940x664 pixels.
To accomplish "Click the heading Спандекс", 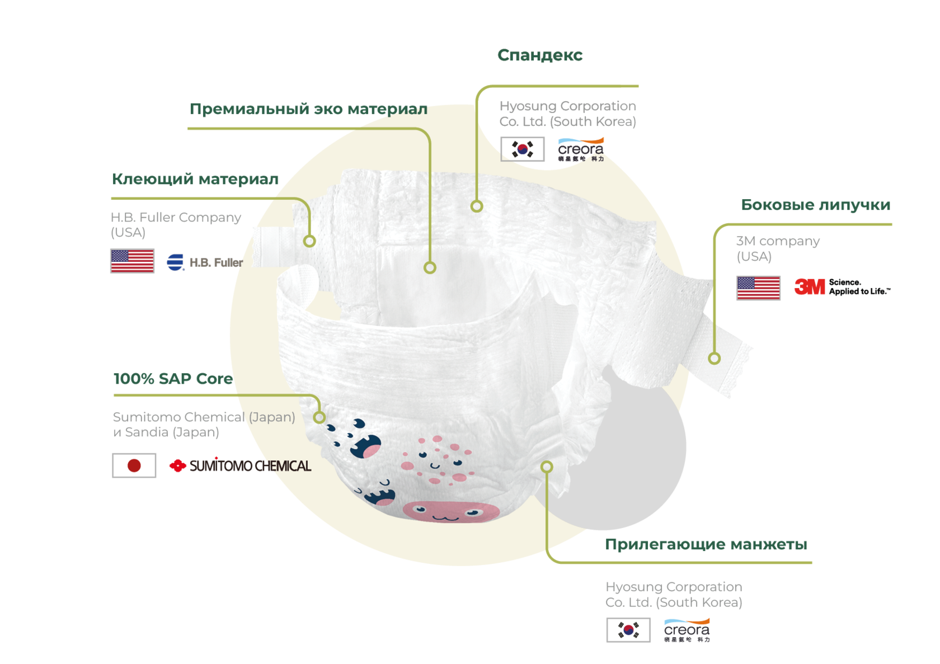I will pos(540,55).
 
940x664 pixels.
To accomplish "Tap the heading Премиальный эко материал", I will pos(308,109).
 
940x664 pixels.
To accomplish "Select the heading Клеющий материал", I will pos(195,179).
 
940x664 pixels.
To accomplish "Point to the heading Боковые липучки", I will pos(816,205).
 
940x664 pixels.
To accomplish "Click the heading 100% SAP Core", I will pos(173,379).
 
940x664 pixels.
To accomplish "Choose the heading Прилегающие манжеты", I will pos(706,544).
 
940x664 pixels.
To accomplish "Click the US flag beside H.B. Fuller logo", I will pos(133,261).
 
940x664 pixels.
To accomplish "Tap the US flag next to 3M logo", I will pos(758,289).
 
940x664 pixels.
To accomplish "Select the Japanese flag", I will pos(134,465).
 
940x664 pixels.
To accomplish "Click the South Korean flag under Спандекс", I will pos(522,149).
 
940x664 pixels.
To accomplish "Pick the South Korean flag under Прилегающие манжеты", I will pos(628,630).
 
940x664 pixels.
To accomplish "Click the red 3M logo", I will pos(810,288).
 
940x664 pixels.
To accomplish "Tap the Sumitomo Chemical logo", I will pos(241,465).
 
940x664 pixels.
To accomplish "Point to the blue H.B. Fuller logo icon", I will pos(175,262).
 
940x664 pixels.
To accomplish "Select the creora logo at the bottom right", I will pos(687,630).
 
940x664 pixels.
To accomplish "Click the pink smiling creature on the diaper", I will pos(450,511).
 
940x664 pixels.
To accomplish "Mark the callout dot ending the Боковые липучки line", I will pos(714,359).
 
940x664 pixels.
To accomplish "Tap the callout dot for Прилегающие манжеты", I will pos(547,467).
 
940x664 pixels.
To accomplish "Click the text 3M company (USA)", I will pos(777,248).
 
